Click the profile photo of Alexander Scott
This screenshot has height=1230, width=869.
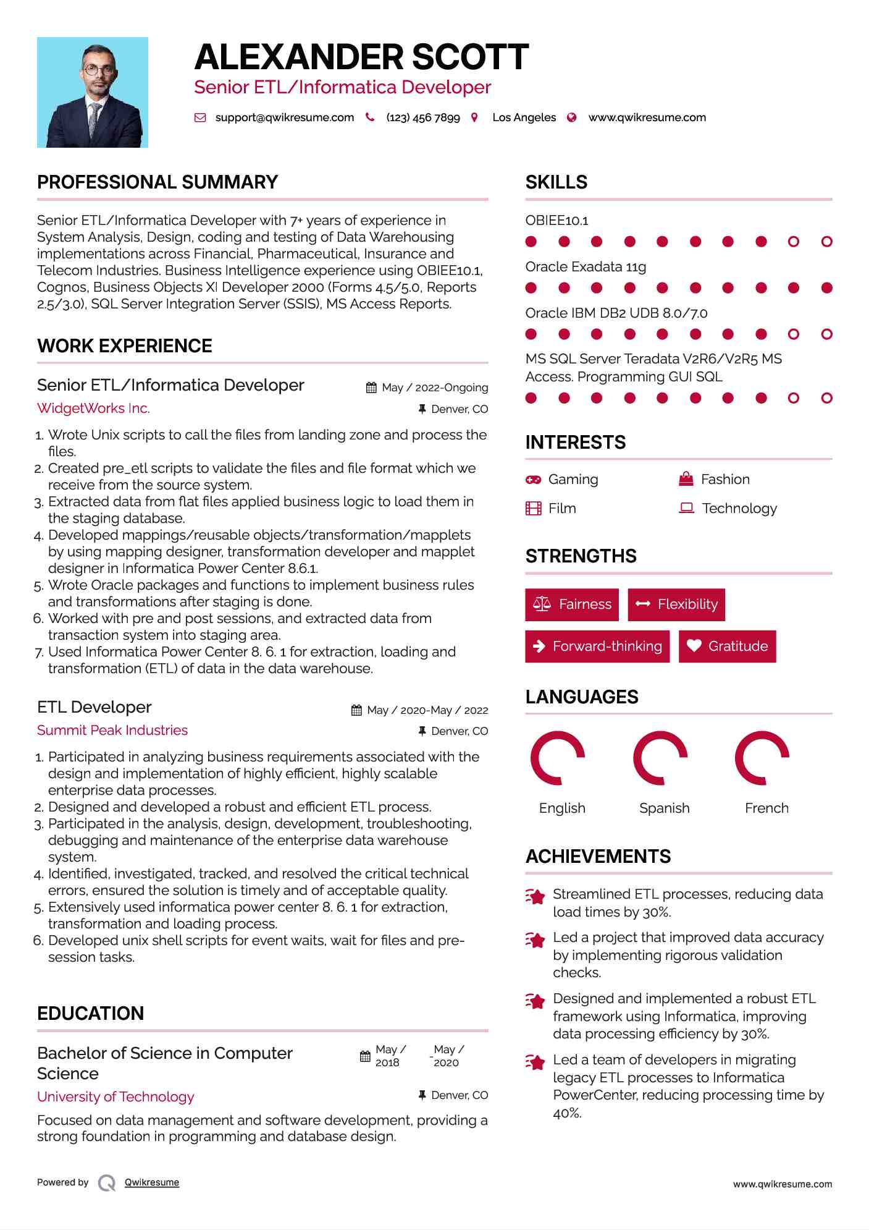(93, 92)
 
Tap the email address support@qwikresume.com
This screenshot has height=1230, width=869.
(284, 117)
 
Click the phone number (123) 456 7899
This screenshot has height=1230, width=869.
(422, 117)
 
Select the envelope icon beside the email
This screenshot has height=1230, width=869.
(200, 117)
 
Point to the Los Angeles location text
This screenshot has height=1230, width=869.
(524, 117)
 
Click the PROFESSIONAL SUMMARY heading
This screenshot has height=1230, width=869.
(157, 182)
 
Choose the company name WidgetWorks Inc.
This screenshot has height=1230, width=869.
(93, 408)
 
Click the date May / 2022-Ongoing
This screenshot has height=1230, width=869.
(435, 388)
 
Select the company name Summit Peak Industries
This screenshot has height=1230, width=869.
(112, 730)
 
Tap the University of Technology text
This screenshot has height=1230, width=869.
(115, 1096)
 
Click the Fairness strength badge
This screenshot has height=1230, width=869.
(572, 604)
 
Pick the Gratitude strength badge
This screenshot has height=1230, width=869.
(727, 647)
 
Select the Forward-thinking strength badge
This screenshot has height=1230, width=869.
(597, 647)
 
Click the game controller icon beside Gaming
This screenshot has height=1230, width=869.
(533, 480)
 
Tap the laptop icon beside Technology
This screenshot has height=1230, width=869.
(686, 508)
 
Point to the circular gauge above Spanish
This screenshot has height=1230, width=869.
(660, 758)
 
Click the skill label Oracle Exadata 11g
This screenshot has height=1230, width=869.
(586, 267)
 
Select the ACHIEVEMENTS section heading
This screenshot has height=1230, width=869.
(598, 856)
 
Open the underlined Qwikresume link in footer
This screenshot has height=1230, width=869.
(152, 1182)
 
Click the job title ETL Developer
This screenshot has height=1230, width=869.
(94, 707)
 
